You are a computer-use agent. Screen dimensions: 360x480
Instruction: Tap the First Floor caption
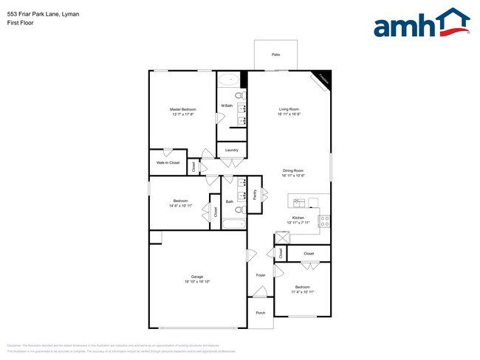[x=20, y=23]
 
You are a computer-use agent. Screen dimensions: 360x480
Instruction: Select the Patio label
[x=275, y=55]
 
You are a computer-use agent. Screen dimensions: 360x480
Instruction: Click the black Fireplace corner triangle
[x=325, y=76]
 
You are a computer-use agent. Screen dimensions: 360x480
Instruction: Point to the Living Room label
[x=289, y=109]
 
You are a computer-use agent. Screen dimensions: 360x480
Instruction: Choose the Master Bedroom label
[x=183, y=109]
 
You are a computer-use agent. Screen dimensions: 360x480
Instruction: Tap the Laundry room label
[x=231, y=150]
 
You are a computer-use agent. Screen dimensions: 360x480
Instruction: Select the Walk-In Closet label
[x=168, y=162]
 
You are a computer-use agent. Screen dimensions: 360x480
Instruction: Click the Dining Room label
[x=293, y=170]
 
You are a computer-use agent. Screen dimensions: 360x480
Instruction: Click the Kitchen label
[x=298, y=218]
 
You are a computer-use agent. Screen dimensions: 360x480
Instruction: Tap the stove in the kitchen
[x=323, y=219]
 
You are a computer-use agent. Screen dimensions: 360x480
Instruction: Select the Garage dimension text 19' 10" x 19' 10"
[x=197, y=282]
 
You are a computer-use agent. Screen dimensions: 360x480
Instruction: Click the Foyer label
[x=261, y=275]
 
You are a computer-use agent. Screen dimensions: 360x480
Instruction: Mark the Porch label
[x=261, y=313]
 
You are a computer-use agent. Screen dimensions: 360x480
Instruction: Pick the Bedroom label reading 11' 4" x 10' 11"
[x=303, y=292]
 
